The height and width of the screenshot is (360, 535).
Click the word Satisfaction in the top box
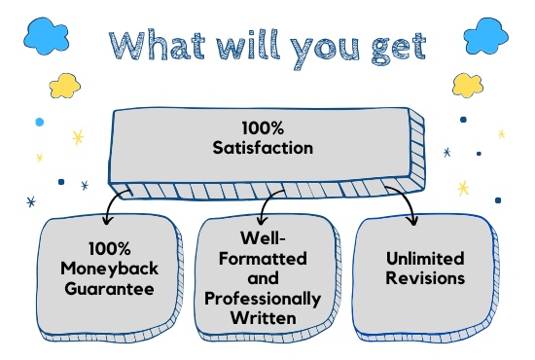(264, 148)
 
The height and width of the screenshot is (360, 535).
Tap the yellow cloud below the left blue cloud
(63, 86)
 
